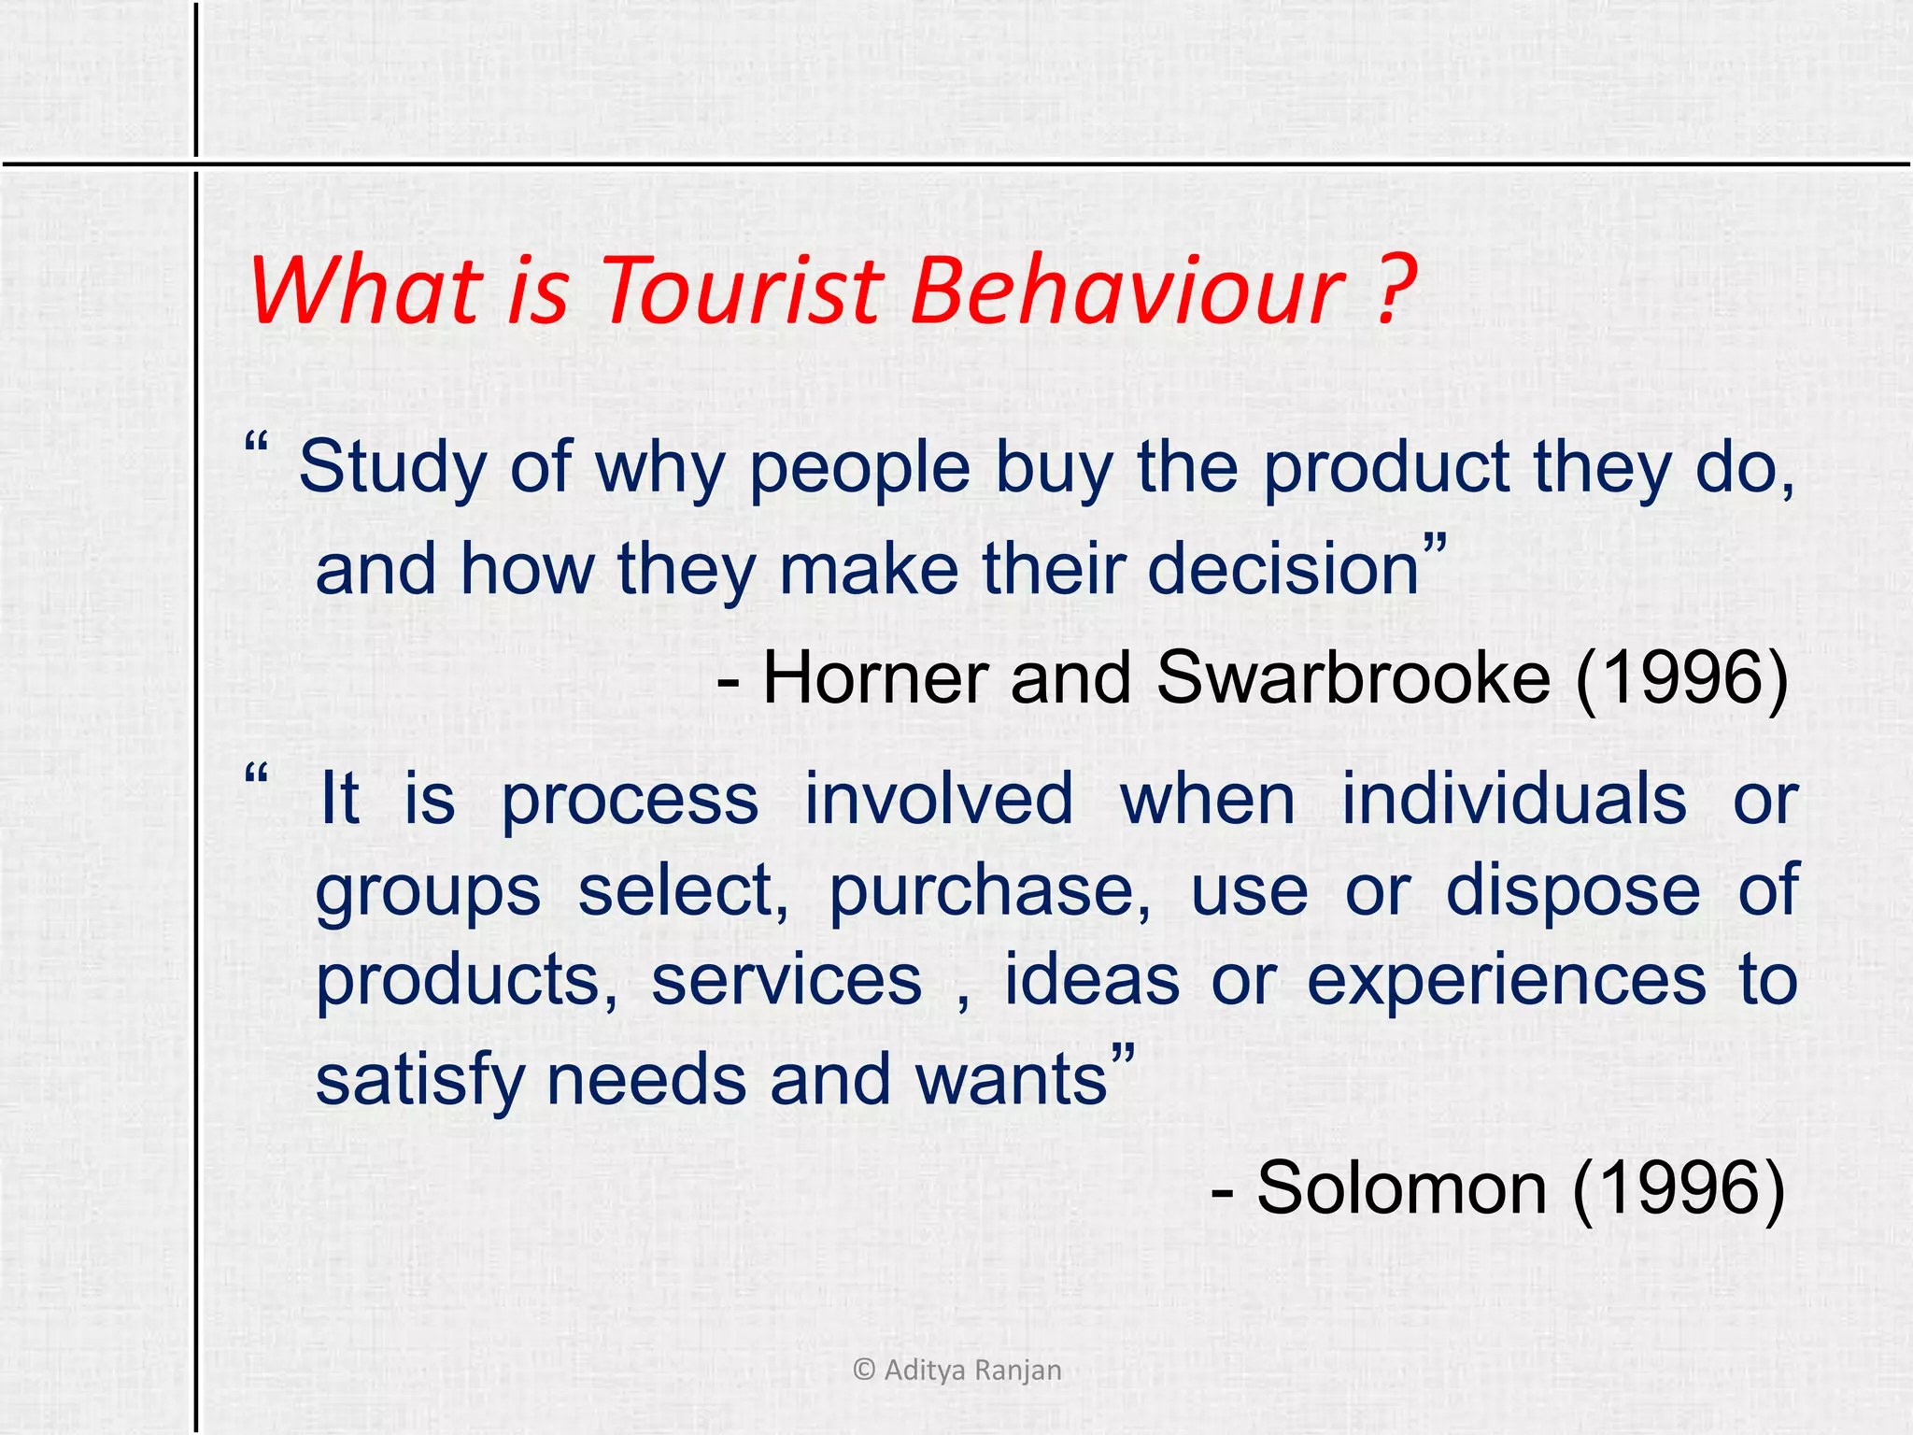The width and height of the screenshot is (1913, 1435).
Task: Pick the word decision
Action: [x=1283, y=569]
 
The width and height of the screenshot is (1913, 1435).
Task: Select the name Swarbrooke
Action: [x=1353, y=677]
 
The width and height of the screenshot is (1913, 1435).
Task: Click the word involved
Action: [x=939, y=799]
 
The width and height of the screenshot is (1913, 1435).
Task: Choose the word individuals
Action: [x=1514, y=799]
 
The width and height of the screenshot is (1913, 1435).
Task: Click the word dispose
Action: [x=1573, y=890]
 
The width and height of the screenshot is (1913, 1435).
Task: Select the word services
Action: [x=786, y=981]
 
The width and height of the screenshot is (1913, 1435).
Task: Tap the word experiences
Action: [x=1506, y=981]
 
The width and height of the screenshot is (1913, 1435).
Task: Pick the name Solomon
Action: [x=1401, y=1188]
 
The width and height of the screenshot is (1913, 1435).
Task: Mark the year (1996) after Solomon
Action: [x=1679, y=1188]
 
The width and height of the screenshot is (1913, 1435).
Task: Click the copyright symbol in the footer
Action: [x=864, y=1370]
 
